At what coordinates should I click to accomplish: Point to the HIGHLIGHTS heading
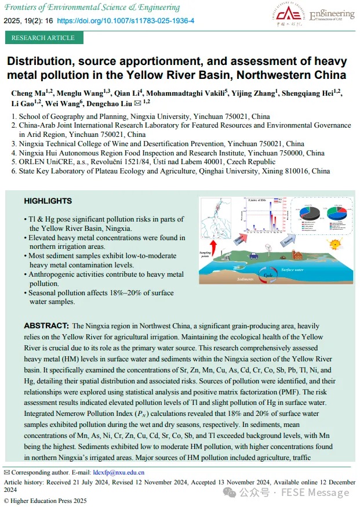48,201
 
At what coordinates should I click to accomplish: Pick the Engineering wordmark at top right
332,13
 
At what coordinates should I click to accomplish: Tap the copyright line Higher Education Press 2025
48,501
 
